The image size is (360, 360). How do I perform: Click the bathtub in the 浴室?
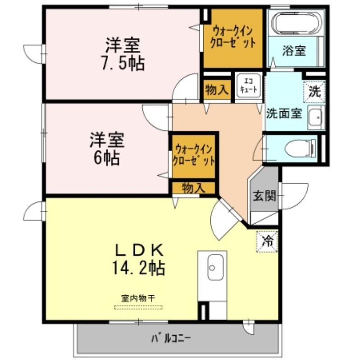pyautogui.click(x=296, y=23)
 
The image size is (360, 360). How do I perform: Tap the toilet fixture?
pyautogui.click(x=300, y=148)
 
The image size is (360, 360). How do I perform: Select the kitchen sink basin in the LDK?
pyautogui.click(x=215, y=267)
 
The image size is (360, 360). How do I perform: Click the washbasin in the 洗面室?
pyautogui.click(x=316, y=117)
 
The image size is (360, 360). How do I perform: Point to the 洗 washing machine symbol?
pyautogui.click(x=314, y=92)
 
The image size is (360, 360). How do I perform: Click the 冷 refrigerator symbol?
pyautogui.click(x=267, y=241)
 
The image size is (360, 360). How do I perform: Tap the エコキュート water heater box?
pyautogui.click(x=249, y=86)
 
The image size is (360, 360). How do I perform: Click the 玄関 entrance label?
pyautogui.click(x=264, y=196)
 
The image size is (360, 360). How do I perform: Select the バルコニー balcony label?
pyautogui.click(x=171, y=338)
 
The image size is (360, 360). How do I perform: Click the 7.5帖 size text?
pyautogui.click(x=123, y=63)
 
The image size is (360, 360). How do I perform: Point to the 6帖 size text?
pyautogui.click(x=107, y=158)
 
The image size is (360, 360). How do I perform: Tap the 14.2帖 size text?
pyautogui.click(x=138, y=268)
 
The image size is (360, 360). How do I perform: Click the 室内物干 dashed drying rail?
pyautogui.click(x=138, y=307)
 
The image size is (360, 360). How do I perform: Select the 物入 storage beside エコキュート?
pyautogui.click(x=217, y=90)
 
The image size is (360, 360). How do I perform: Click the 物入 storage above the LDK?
pyautogui.click(x=194, y=188)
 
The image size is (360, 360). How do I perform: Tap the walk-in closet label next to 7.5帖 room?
pyautogui.click(x=233, y=37)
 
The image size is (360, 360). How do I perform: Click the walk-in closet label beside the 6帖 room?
pyautogui.click(x=194, y=155)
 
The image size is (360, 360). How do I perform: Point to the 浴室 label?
pyautogui.click(x=294, y=51)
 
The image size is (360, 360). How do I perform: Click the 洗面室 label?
pyautogui.click(x=284, y=113)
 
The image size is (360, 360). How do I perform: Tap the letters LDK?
pyautogui.click(x=140, y=250)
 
